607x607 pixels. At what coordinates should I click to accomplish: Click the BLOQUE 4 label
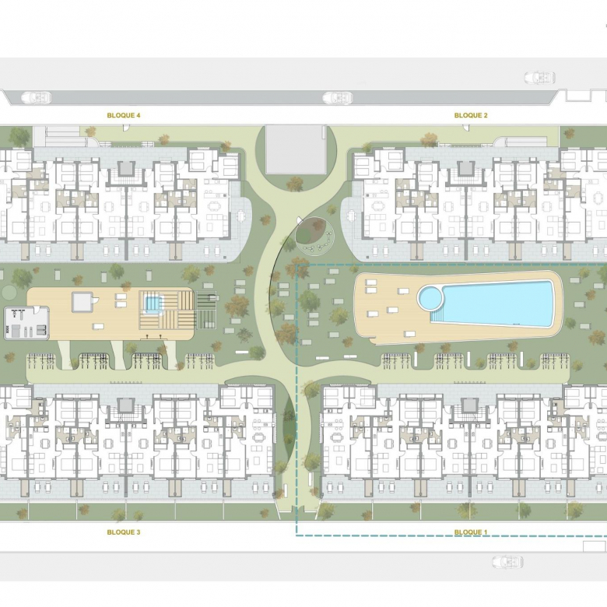coord(124,115)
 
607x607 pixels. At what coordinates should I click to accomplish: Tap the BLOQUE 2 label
coord(471,115)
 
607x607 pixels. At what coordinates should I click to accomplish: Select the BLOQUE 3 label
coord(124,532)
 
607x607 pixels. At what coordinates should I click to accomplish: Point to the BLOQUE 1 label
coord(471,532)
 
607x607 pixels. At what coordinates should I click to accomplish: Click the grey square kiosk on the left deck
coord(82,302)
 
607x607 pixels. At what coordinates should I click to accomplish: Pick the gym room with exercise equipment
coord(26,323)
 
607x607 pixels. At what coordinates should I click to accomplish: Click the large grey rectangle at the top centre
coord(295,149)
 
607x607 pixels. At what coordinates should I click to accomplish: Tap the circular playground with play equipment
coord(314,235)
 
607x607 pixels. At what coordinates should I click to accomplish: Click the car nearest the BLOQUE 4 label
coord(36,97)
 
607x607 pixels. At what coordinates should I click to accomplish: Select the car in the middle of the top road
coord(338,97)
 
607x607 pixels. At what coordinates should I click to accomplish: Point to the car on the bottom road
coord(507,562)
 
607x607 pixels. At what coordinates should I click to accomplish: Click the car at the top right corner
coord(539,77)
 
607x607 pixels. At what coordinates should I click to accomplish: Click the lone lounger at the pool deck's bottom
coord(409,334)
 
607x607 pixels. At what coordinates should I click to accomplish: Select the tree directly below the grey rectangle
coord(295,184)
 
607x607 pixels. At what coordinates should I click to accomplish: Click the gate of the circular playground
coord(300,220)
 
